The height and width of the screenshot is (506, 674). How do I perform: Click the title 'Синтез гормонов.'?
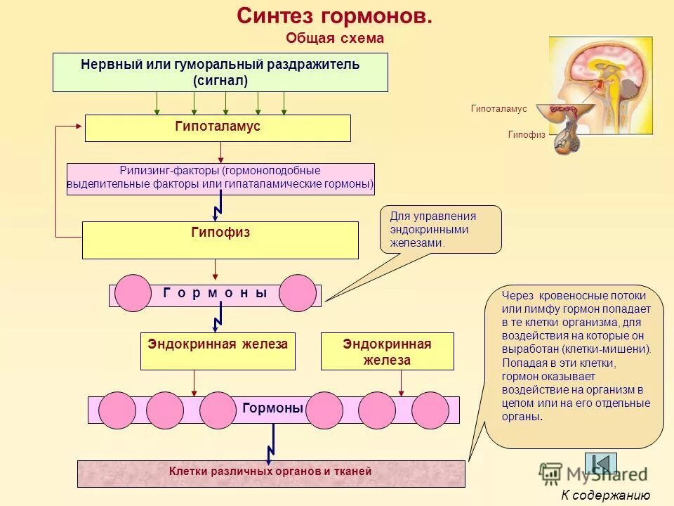tap(334, 16)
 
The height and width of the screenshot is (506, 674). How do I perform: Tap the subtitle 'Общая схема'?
tap(335, 39)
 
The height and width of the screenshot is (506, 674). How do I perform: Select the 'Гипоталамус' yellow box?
tap(218, 128)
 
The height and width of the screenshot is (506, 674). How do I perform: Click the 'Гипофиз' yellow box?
tap(220, 240)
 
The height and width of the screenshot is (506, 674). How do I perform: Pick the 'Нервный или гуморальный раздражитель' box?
tap(220, 72)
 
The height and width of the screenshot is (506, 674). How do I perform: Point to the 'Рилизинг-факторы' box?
tap(220, 179)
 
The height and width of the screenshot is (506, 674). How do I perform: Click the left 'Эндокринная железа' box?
tap(218, 351)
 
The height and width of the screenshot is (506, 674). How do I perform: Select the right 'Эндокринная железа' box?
tap(387, 351)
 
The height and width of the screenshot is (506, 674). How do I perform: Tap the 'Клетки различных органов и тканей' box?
tap(271, 474)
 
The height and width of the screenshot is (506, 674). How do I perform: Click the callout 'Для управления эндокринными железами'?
tap(440, 229)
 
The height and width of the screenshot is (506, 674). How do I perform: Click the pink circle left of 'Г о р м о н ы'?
tap(133, 293)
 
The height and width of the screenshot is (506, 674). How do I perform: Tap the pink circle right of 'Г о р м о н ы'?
tap(298, 293)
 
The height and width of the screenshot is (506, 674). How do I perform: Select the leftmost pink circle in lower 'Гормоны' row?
tap(117, 410)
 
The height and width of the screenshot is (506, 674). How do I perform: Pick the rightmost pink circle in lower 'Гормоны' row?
tap(430, 410)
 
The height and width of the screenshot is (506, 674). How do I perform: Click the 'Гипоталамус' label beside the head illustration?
tap(498, 110)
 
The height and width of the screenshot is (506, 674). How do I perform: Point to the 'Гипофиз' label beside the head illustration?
tap(527, 134)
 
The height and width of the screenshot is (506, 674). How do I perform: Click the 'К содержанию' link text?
tap(605, 495)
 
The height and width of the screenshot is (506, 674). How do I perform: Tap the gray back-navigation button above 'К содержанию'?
tap(601, 462)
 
